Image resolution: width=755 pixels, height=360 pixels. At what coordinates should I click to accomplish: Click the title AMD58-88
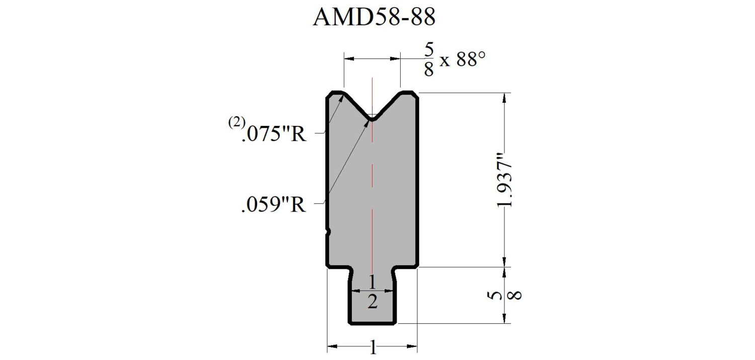(x=374, y=17)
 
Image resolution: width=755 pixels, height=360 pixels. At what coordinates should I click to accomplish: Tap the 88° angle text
(x=471, y=59)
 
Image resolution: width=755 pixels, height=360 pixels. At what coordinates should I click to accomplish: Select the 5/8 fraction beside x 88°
(x=429, y=60)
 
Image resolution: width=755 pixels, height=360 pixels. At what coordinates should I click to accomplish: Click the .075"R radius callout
(x=274, y=134)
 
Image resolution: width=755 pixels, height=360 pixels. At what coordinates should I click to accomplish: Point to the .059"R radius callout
(x=274, y=204)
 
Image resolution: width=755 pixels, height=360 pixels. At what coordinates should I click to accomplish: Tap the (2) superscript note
(x=237, y=122)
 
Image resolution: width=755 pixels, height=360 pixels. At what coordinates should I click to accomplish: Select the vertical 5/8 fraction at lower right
(x=504, y=295)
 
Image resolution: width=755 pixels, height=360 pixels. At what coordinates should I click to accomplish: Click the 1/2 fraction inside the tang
(x=372, y=292)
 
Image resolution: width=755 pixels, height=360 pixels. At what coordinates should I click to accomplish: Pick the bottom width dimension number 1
(x=373, y=347)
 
